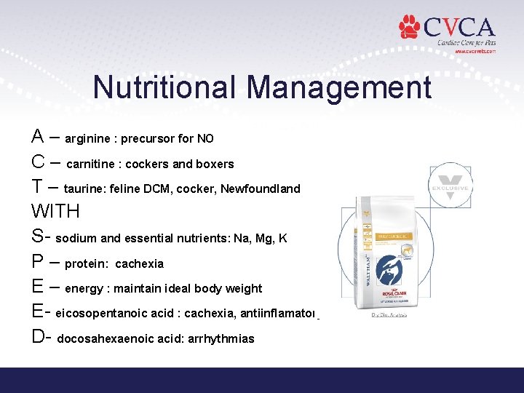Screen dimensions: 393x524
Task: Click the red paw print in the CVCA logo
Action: pyautogui.click(x=410, y=28)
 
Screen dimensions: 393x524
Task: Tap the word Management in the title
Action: pyautogui.click(x=339, y=87)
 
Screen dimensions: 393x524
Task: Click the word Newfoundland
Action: pyautogui.click(x=261, y=188)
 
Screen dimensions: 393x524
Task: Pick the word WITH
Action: pyautogui.click(x=55, y=212)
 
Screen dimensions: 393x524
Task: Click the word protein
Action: pyautogui.click(x=87, y=263)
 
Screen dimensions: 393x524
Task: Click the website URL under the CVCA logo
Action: pyautogui.click(x=475, y=52)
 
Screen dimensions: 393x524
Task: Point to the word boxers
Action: pyautogui.click(x=214, y=164)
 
